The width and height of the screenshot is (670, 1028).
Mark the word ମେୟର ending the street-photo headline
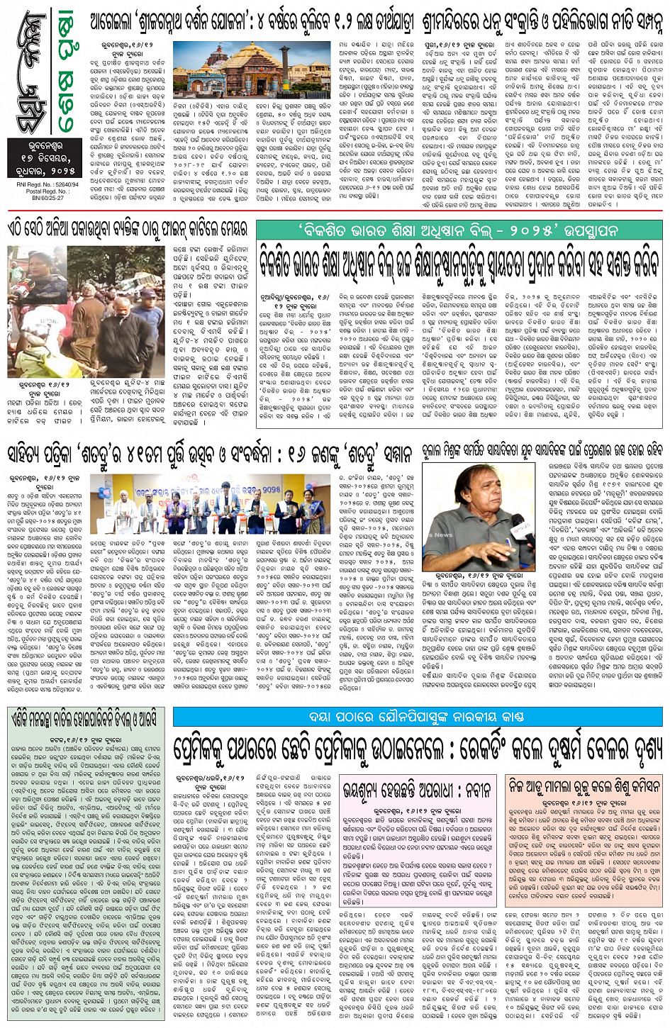tap(228, 229)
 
